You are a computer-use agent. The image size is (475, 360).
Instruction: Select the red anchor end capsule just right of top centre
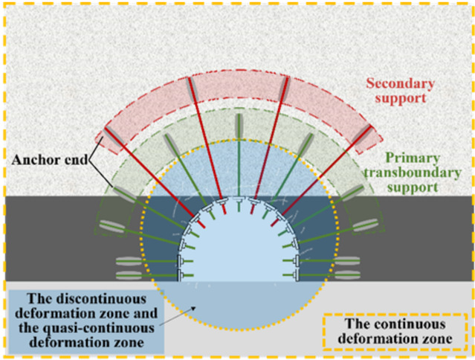tap(283, 89)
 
